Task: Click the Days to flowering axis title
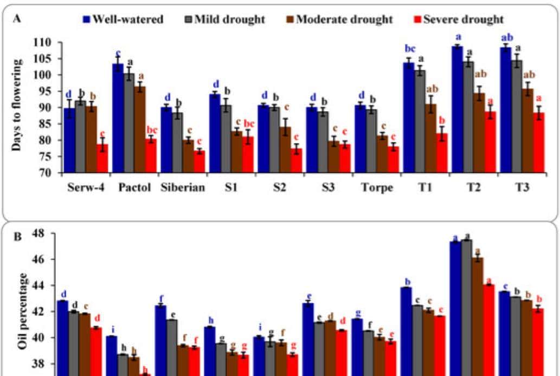pyautogui.click(x=18, y=103)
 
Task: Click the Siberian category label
pyautogui.click(x=182, y=189)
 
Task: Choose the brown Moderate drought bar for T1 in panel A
pyautogui.click(x=431, y=138)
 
